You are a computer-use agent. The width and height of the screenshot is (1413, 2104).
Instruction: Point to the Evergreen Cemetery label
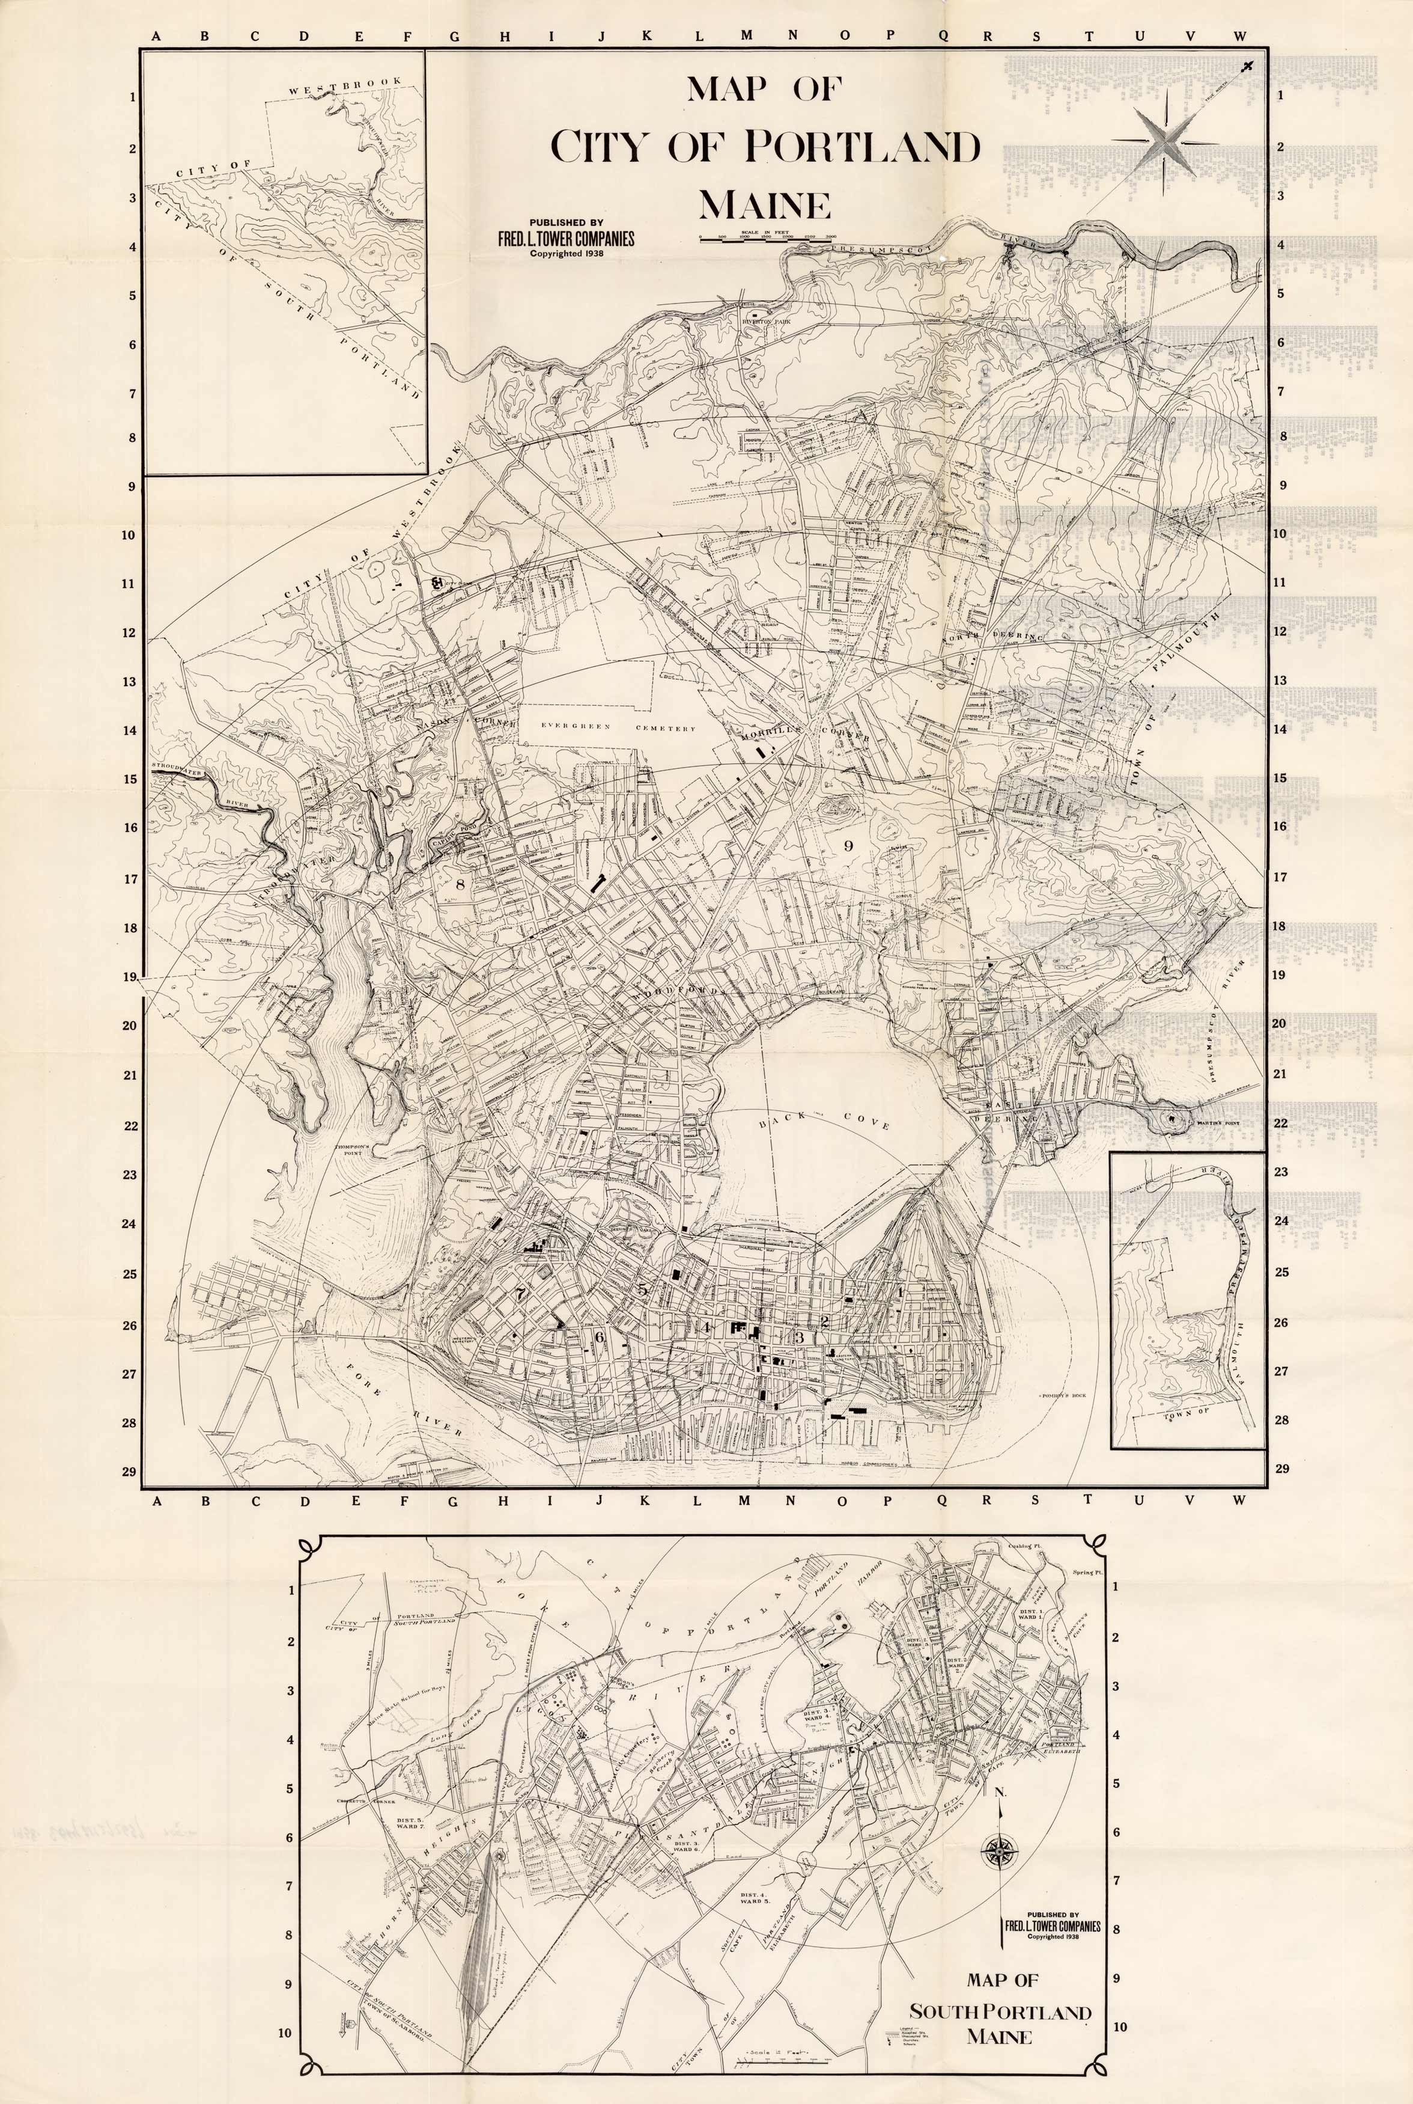(x=618, y=727)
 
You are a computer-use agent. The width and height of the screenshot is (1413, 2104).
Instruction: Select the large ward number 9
(x=847, y=845)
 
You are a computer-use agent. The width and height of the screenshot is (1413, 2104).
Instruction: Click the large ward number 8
(x=460, y=884)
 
